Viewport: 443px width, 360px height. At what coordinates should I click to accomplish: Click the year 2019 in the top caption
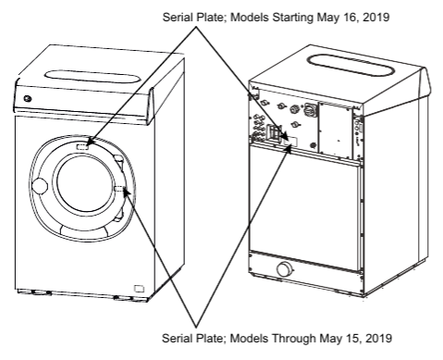point(376,17)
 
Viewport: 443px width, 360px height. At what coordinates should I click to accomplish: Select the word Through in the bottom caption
point(293,338)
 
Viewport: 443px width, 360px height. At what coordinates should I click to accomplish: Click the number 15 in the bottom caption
point(351,338)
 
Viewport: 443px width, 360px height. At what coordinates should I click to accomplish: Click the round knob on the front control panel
point(28,99)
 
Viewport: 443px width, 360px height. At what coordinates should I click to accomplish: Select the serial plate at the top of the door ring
point(82,146)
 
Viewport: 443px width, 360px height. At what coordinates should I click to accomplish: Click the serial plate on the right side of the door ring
point(119,189)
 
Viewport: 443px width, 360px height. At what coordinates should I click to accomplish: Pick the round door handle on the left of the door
point(40,186)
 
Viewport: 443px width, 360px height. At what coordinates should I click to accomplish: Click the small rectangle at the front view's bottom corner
point(139,289)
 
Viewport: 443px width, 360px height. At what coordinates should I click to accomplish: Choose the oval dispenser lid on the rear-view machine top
point(351,66)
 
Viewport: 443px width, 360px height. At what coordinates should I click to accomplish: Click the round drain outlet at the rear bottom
point(286,269)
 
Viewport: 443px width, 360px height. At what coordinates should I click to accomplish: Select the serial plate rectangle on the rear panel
point(290,142)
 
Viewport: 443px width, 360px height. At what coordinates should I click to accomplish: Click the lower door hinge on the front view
point(118,216)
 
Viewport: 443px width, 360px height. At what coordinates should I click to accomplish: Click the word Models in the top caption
point(250,17)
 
